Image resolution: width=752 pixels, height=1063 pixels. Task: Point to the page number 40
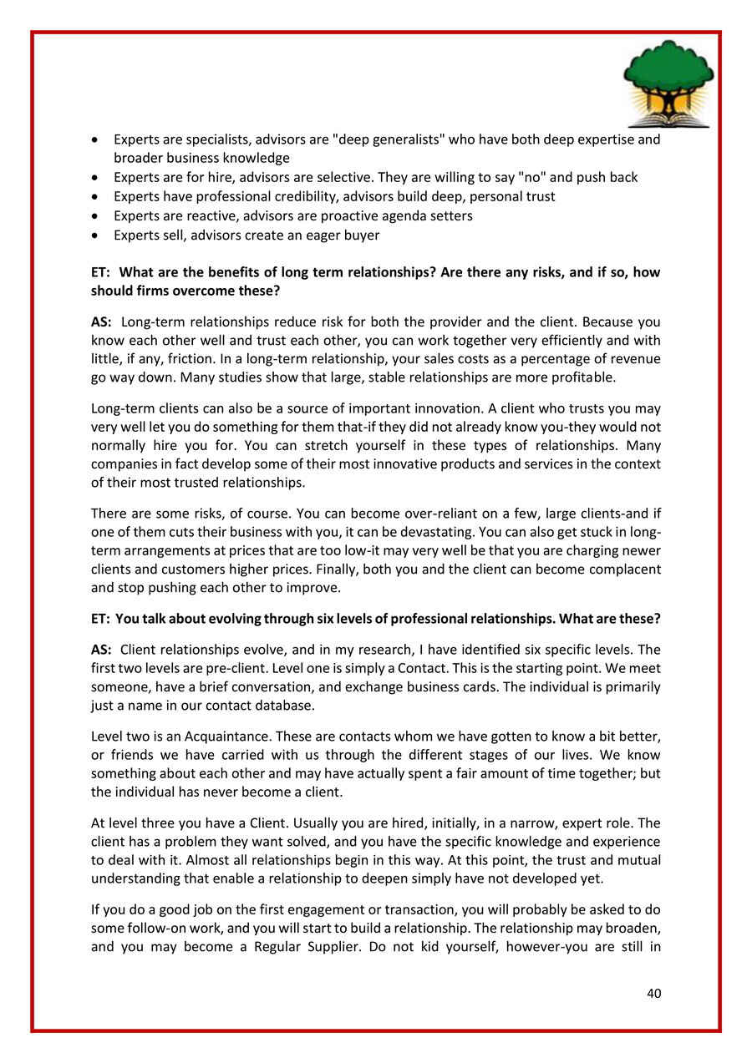(x=653, y=994)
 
